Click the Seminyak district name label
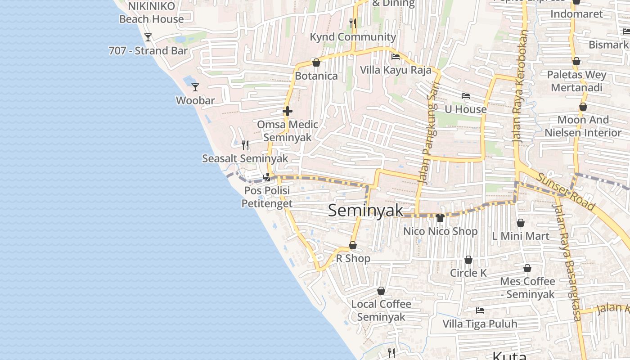coord(365,211)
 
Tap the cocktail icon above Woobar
coord(195,87)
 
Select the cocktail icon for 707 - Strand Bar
coord(148,37)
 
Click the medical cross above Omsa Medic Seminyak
coord(288,111)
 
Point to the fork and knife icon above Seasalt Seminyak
coord(245,145)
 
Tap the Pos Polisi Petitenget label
coord(267,197)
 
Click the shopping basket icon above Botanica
coord(316,63)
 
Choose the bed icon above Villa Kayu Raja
coord(396,57)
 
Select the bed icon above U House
coord(466,96)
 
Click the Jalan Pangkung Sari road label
coord(428,135)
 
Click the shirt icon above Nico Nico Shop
coord(440,218)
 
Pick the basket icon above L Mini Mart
coord(521,223)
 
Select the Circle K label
coord(468,273)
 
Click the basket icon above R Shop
coord(353,245)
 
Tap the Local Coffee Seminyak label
coord(381,310)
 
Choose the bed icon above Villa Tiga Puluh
coord(480,310)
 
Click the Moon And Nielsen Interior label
coord(583,126)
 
